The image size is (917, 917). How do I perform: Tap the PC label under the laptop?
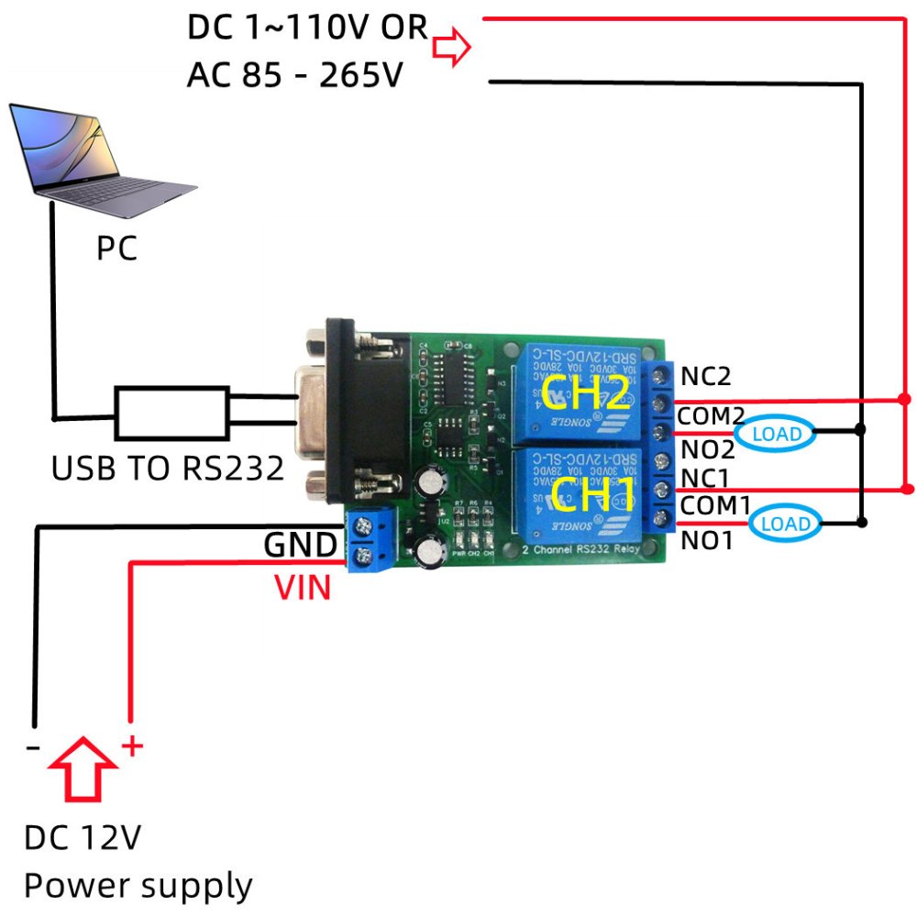coord(116,249)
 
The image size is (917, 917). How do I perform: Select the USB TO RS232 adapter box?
coord(171,412)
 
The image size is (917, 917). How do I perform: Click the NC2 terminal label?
coord(706,376)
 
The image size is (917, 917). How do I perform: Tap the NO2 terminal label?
coord(707,448)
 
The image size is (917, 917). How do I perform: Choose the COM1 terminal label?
coord(714,506)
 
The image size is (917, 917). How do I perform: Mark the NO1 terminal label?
coord(707,541)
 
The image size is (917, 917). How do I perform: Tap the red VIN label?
coord(303,587)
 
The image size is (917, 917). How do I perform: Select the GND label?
coord(300,546)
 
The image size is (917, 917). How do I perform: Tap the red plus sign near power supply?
coord(133,746)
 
